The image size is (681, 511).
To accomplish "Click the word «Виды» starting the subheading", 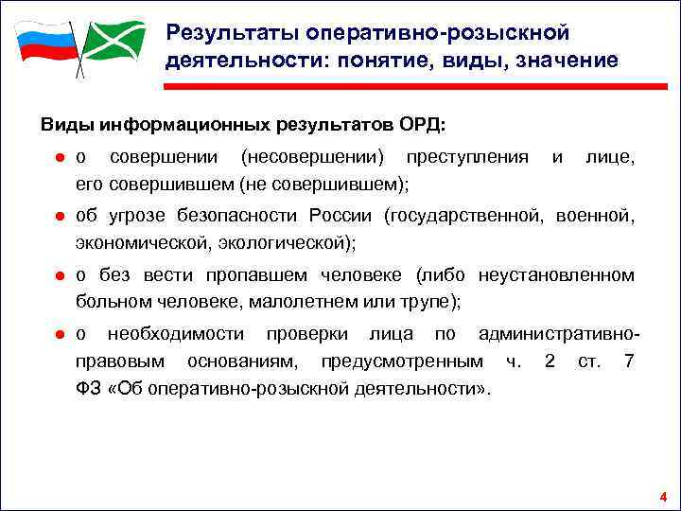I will click(62, 124).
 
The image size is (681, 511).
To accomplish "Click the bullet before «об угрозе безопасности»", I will click(58, 217).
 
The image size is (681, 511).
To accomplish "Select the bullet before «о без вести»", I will click(58, 276).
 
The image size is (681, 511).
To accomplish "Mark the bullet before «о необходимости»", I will click(58, 335).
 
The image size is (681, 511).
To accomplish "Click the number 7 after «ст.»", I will click(629, 361).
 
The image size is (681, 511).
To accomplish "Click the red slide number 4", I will click(663, 498).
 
